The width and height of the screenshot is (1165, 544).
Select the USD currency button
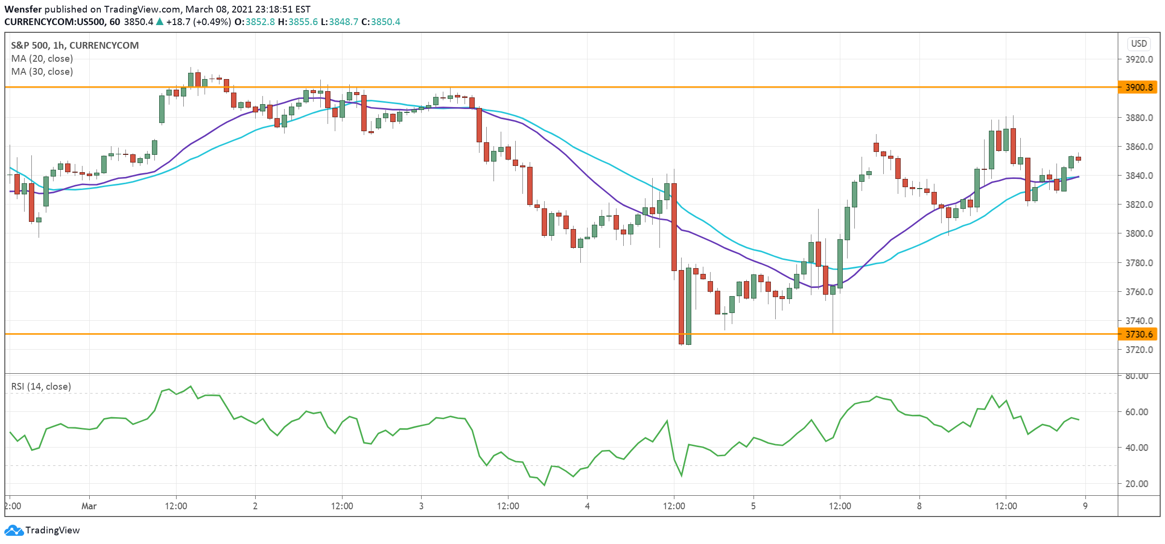tap(1139, 44)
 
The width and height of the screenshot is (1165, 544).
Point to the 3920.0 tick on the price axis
tap(1139, 59)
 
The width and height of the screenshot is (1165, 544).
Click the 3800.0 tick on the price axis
tap(1139, 233)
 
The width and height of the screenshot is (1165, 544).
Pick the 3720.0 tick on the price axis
tap(1139, 350)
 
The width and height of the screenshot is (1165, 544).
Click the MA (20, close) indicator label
tap(42, 58)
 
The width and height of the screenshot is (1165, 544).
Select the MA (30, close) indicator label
tap(42, 71)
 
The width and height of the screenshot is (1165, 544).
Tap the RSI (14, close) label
tap(41, 386)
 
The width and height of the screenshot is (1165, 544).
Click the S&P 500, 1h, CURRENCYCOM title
tap(75, 45)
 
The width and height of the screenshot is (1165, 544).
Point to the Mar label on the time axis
tap(89, 506)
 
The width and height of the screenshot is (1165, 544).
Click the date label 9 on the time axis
tap(1085, 506)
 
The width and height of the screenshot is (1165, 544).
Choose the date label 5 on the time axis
tap(753, 506)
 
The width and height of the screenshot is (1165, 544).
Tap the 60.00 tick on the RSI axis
tap(1137, 412)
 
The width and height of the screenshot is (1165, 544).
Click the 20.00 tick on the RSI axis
tap(1137, 484)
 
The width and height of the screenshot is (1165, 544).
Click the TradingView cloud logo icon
tap(14, 530)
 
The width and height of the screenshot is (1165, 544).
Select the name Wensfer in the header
tap(23, 9)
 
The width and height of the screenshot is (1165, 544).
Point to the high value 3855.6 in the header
tap(303, 22)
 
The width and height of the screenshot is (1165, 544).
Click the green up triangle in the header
tap(160, 22)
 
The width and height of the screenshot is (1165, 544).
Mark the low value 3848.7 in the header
tap(343, 22)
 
